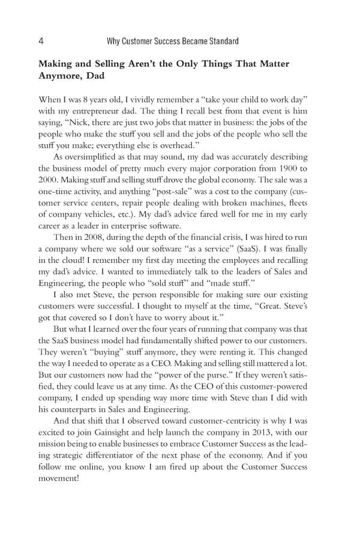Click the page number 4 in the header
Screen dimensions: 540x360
[40, 41]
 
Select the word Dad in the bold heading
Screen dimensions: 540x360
[94, 76]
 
